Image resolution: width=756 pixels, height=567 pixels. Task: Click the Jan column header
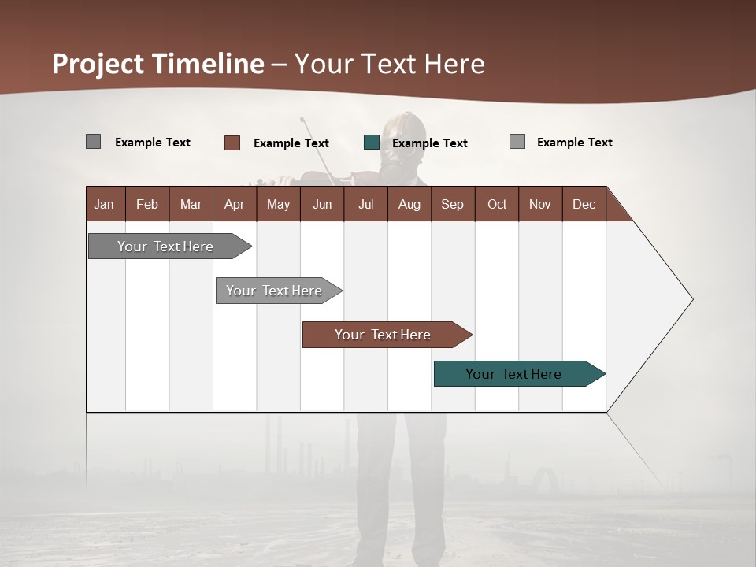[104, 204]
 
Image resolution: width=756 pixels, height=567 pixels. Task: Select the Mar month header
[191, 204]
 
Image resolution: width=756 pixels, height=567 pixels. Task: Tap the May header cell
[278, 204]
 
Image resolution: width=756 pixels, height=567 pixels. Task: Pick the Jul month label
[365, 204]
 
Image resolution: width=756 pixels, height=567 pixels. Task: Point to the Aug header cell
[409, 204]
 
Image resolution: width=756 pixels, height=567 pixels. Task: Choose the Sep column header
[452, 204]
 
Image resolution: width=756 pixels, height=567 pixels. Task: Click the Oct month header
[497, 204]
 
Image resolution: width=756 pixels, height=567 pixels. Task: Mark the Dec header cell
[584, 204]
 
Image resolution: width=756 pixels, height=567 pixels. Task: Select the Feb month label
[147, 204]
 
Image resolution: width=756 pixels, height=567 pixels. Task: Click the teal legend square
[372, 143]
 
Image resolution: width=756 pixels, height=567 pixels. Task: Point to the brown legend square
[232, 143]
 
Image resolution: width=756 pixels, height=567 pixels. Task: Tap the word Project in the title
[97, 64]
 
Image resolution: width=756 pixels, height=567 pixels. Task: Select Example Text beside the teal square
[429, 143]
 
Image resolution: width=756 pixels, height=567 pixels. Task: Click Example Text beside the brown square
[291, 143]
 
